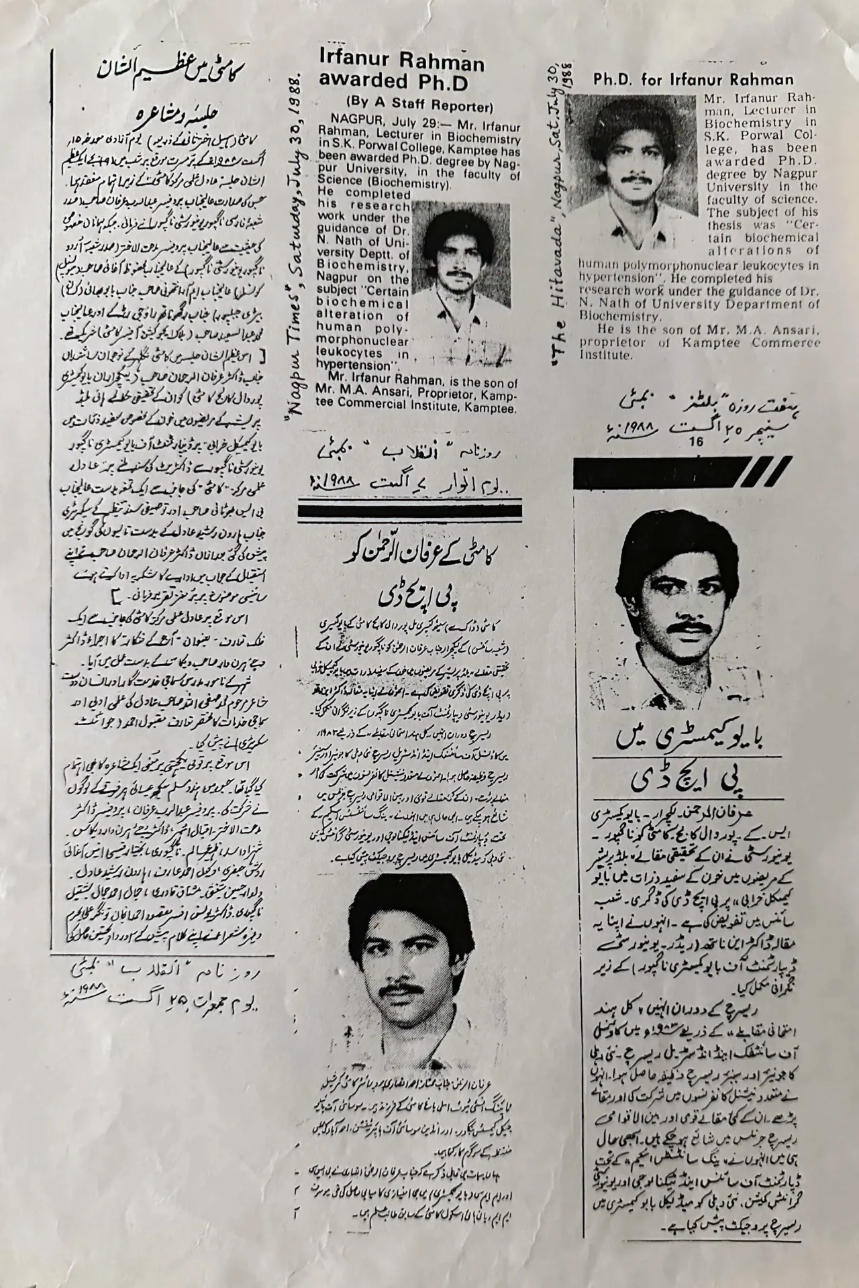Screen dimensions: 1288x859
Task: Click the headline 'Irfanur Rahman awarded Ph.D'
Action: (x=401, y=72)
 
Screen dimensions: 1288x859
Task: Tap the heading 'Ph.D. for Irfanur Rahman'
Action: (x=693, y=80)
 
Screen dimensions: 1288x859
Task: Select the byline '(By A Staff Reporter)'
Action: (x=419, y=105)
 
